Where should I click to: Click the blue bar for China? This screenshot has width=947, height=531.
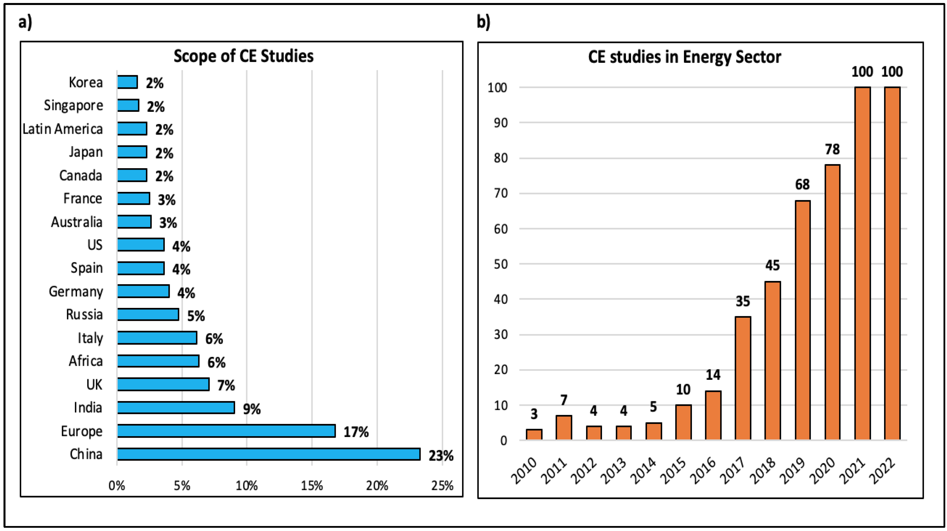pos(268,454)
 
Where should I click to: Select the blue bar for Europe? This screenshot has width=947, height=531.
pos(226,431)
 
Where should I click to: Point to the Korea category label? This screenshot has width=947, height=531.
pos(86,82)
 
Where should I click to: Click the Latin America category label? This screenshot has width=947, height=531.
pos(62,129)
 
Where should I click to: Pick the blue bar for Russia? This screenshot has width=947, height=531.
pos(148,315)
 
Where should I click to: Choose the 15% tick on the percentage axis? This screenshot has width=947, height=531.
pos(312,486)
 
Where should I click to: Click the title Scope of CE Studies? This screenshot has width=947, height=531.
pos(243,56)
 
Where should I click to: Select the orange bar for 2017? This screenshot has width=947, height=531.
pos(743,379)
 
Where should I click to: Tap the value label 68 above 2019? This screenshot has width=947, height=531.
pos(802,184)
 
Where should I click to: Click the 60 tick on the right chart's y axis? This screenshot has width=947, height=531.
pos(501,229)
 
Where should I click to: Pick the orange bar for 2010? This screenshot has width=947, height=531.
pos(534,434)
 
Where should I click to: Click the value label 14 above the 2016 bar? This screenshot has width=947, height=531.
pos(713,375)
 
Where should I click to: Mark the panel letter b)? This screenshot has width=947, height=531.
pos(483,22)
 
